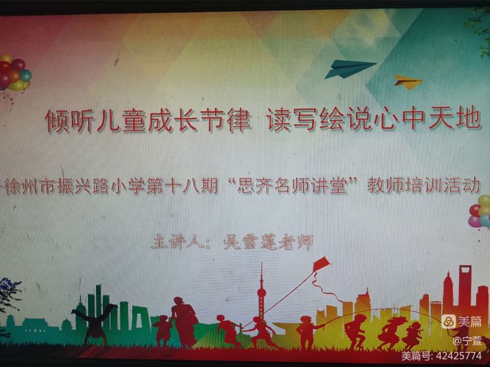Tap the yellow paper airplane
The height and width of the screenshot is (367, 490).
(x=408, y=82)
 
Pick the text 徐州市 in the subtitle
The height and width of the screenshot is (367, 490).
(x=27, y=185)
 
